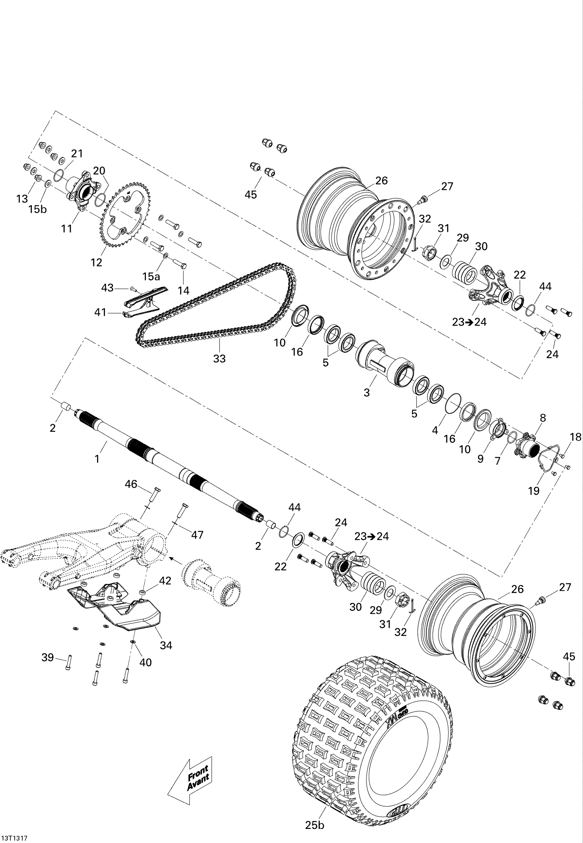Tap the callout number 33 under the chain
pos(220,359)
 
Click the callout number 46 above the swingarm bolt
pos(131,484)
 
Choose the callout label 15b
pos(38,209)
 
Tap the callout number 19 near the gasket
pos(534,491)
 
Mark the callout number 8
pos(543,418)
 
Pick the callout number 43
pos(107,288)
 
